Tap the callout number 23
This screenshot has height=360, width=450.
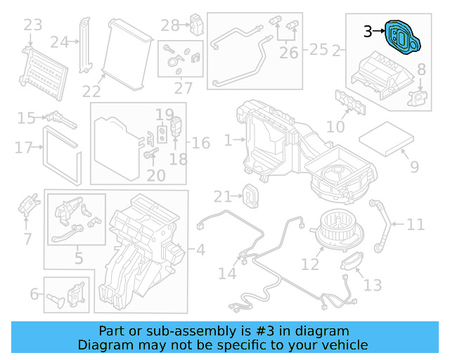(33, 26)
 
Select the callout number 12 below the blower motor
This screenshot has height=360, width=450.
(310, 264)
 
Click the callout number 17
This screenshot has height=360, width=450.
(23, 148)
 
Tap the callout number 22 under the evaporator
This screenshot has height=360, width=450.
(91, 91)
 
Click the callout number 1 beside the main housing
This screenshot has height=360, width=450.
(228, 141)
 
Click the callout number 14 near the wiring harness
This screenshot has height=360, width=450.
(227, 273)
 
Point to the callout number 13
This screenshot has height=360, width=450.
(373, 285)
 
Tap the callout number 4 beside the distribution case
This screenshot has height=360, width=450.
(200, 249)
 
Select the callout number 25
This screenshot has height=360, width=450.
(319, 50)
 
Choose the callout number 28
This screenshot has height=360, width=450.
(171, 26)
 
